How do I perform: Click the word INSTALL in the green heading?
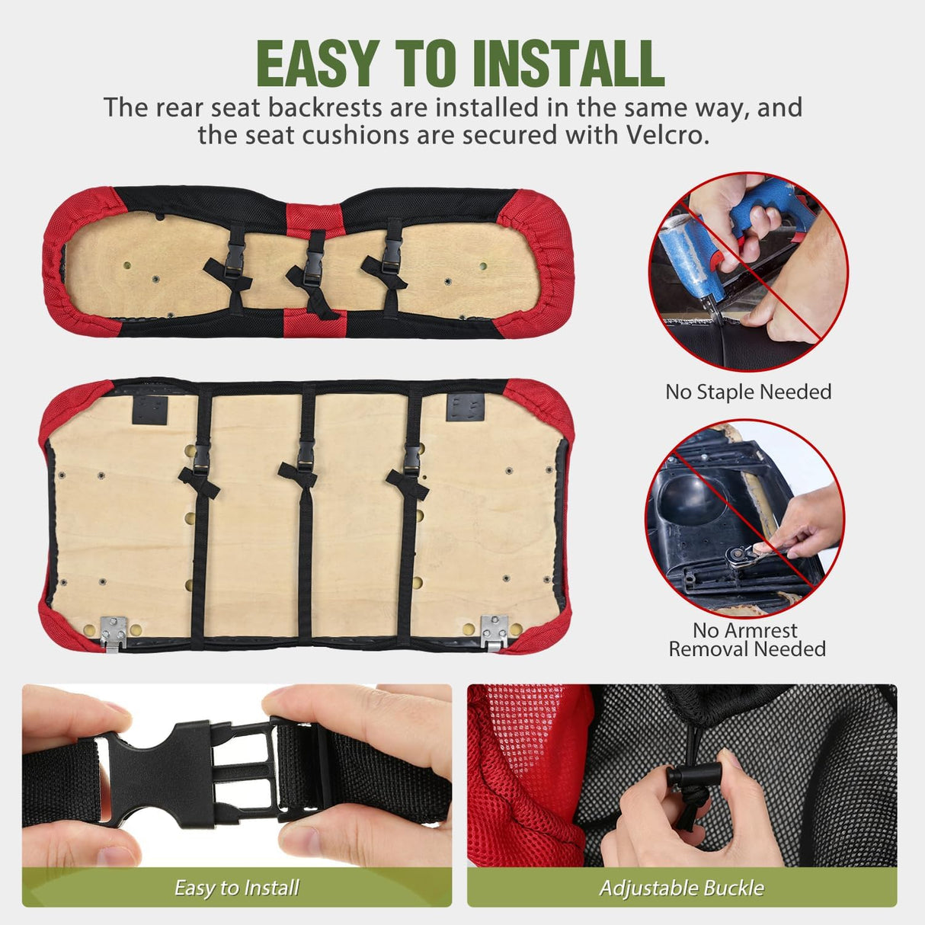pyautogui.click(x=569, y=63)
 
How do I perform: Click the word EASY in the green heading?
pyautogui.click(x=315, y=63)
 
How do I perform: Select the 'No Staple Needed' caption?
pyautogui.click(x=748, y=392)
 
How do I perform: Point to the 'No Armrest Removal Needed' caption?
pyautogui.click(x=747, y=639)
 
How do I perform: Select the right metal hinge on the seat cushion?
pyautogui.click(x=495, y=632)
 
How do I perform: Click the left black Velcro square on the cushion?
pyautogui.click(x=150, y=410)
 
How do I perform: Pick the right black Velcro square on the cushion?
pyautogui.click(x=465, y=407)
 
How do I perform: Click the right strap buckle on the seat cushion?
pyautogui.click(x=412, y=459)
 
